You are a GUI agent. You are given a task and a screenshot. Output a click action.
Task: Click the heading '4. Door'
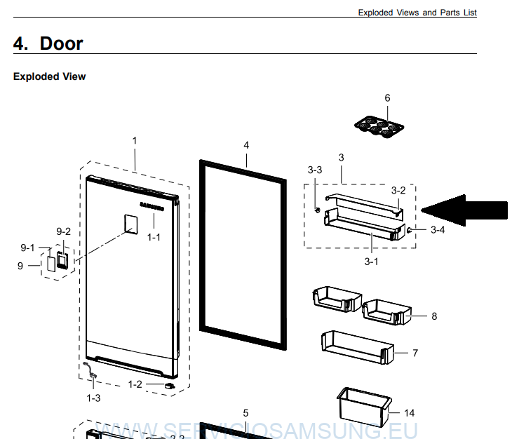[48, 43]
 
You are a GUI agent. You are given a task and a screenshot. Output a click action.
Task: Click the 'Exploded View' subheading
[49, 76]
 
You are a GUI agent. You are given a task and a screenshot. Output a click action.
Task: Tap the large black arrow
[464, 209]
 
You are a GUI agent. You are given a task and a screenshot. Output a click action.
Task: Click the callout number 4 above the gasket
[246, 145]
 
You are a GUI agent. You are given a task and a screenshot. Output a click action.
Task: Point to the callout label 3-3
[315, 170]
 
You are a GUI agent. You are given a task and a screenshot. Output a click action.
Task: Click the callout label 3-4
[438, 229]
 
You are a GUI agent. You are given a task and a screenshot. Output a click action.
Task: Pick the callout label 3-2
[398, 189]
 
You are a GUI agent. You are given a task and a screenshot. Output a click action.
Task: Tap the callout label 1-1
[154, 237]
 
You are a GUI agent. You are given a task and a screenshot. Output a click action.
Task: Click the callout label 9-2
[63, 231]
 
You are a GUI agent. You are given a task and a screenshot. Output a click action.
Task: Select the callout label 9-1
[28, 248]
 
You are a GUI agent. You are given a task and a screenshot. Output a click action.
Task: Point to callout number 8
[434, 316]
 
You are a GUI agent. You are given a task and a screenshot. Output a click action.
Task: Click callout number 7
[415, 353]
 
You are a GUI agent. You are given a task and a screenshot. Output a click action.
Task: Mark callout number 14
[410, 412]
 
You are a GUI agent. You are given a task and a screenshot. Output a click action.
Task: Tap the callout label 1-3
[93, 398]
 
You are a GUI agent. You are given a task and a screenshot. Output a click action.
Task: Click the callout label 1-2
[135, 384]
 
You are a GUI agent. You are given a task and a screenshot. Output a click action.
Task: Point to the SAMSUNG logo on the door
[152, 205]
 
